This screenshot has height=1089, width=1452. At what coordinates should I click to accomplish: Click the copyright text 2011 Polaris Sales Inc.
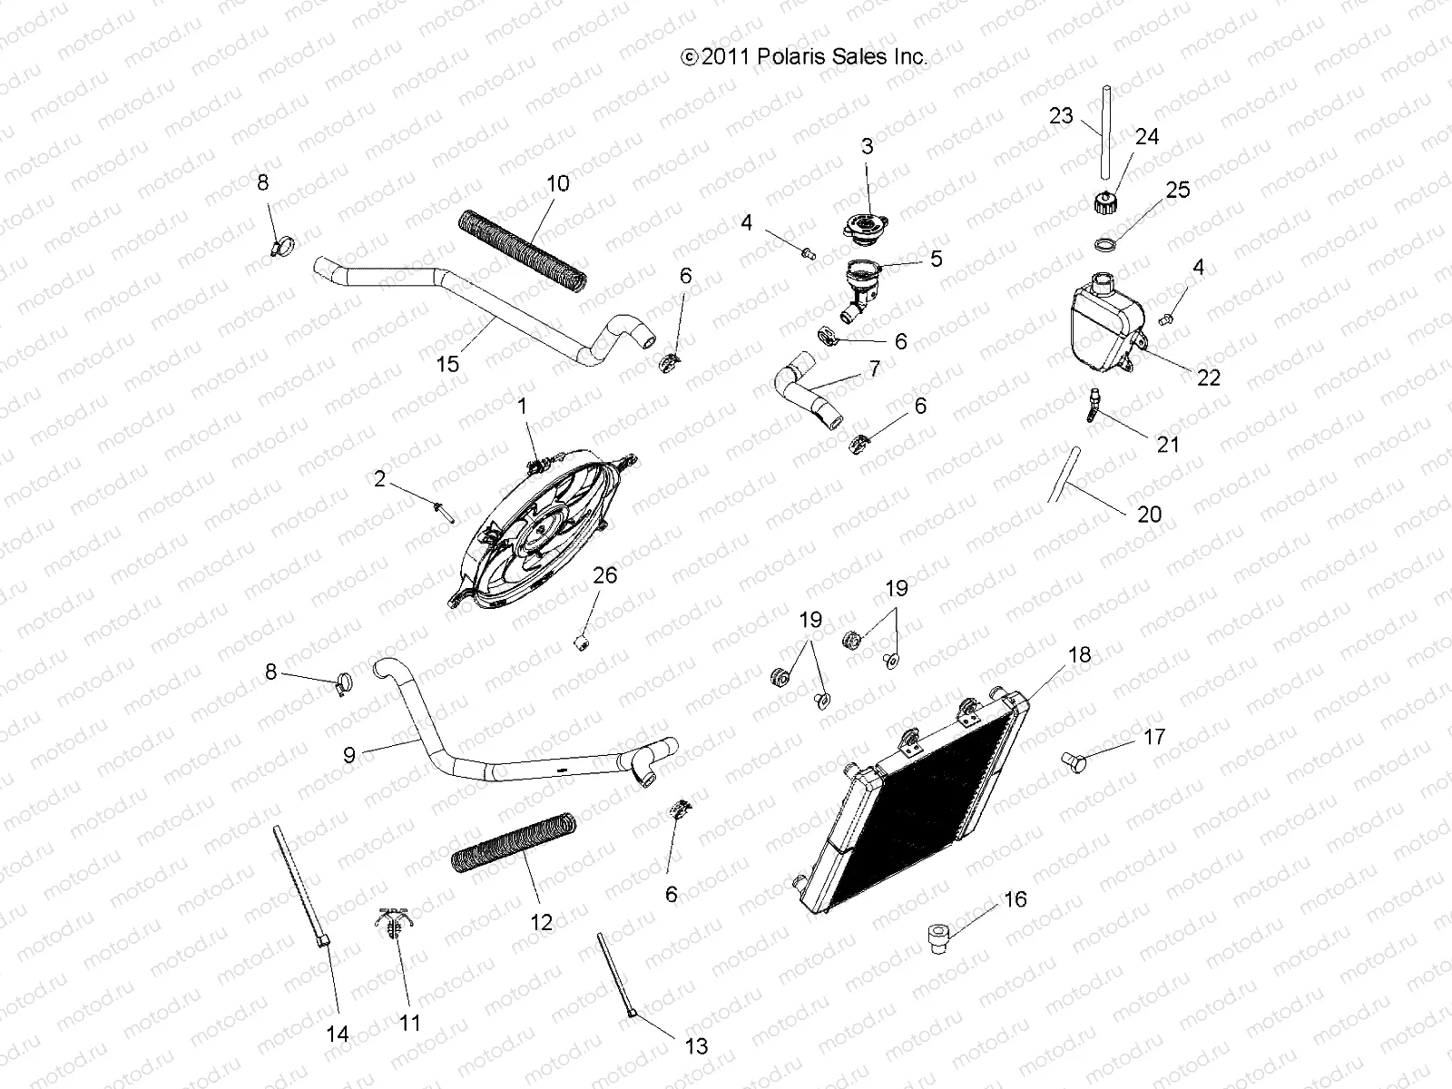[804, 57]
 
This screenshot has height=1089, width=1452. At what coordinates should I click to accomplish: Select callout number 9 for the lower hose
[349, 754]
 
